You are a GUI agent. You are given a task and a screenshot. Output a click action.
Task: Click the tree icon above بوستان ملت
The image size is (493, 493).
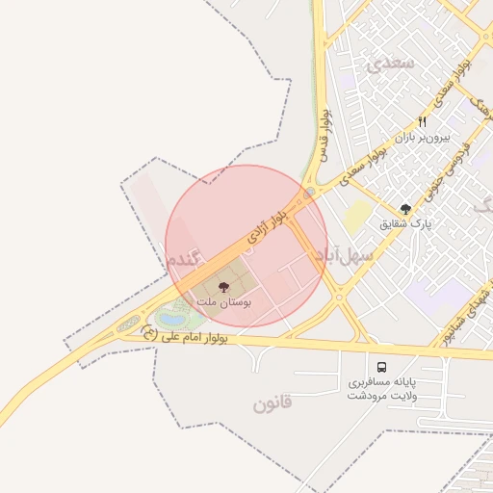(224, 287)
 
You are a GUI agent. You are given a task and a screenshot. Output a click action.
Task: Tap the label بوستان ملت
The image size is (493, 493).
(224, 302)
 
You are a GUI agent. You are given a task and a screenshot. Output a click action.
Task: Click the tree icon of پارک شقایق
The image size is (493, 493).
(405, 209)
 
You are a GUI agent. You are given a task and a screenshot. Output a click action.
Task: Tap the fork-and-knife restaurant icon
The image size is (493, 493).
(422, 122)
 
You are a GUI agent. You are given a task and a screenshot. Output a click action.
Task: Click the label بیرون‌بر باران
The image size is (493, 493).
(423, 138)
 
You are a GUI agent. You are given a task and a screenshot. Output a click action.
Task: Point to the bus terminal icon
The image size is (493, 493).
(382, 367)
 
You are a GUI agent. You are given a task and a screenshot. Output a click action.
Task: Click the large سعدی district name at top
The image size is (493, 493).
(391, 65)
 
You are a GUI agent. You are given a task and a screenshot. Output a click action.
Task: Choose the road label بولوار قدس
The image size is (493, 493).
(325, 135)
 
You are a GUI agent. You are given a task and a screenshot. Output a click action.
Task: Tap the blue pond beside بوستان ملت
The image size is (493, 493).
(172, 315)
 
